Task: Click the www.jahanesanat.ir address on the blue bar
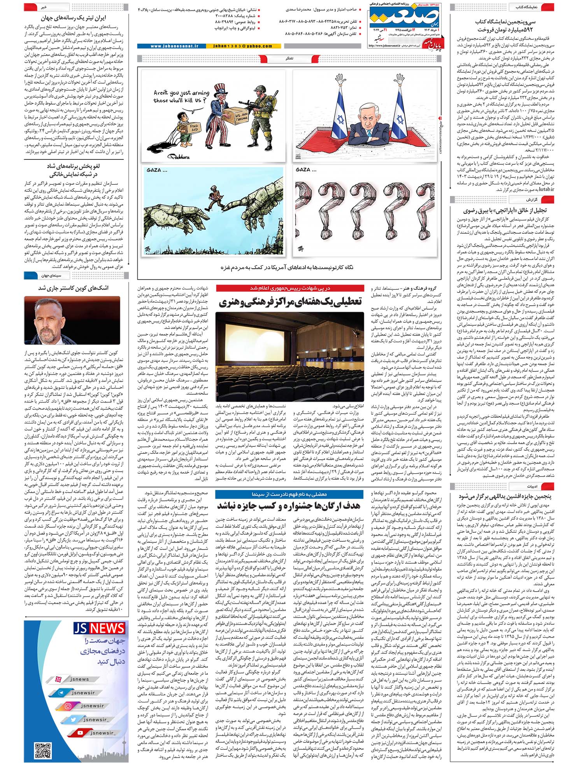[x=174, y=46]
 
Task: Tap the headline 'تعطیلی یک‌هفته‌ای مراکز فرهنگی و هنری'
[x=290, y=301]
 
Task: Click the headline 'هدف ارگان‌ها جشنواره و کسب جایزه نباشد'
[x=288, y=506]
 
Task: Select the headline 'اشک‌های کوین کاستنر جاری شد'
[x=73, y=288]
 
